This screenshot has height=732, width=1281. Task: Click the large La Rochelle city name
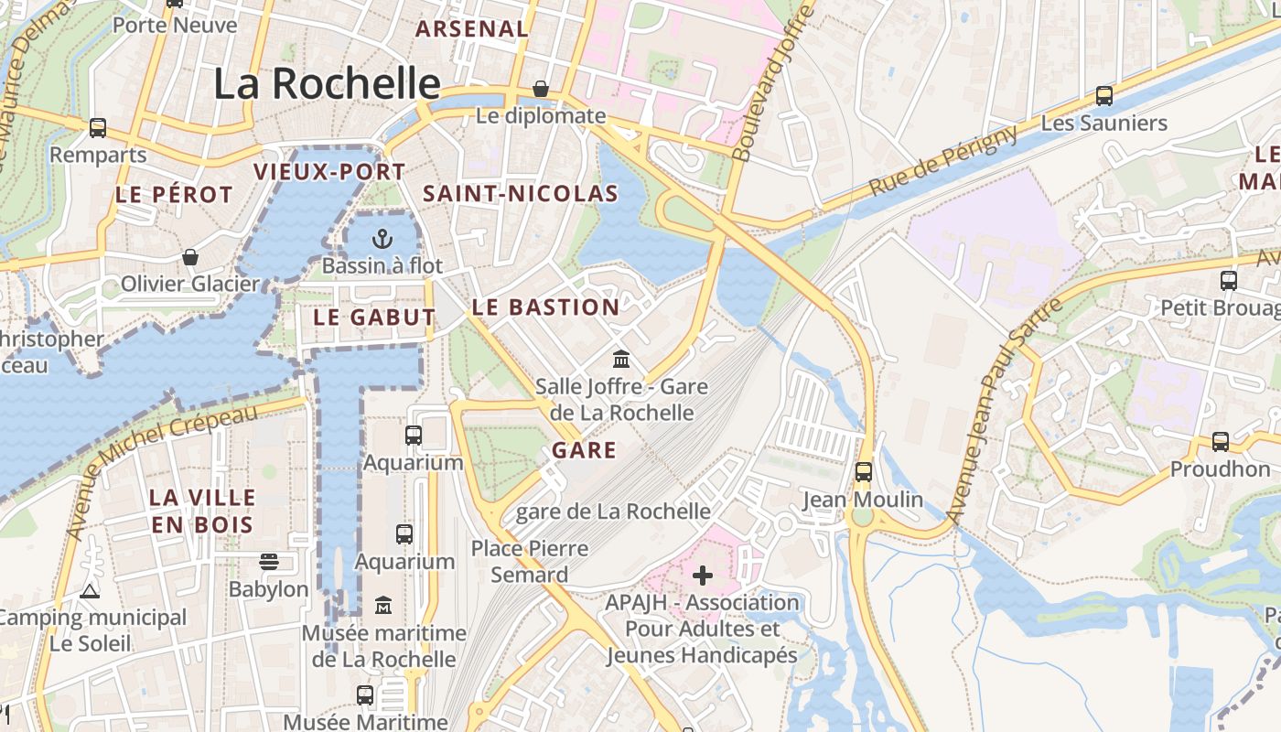coord(327,83)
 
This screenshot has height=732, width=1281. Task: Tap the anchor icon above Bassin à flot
coord(382,240)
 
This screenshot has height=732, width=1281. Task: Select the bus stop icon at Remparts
coord(98,128)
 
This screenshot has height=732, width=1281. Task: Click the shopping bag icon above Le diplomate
coord(541,89)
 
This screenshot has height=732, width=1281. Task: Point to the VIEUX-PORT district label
coord(329,172)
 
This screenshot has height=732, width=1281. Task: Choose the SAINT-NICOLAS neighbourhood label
coord(521,194)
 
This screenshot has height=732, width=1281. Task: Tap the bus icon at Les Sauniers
coord(1104,96)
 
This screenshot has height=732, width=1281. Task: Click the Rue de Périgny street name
coord(942,162)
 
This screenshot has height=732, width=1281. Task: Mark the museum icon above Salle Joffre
coord(621,358)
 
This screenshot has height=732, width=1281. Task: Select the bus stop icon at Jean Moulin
coord(863,472)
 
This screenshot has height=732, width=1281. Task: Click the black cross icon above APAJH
coord(702,576)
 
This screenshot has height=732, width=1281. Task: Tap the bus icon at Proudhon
coord(1220,442)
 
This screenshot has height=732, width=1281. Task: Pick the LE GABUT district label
coord(374,318)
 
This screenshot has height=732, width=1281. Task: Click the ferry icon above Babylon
coord(269,561)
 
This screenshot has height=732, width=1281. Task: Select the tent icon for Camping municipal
coord(89,591)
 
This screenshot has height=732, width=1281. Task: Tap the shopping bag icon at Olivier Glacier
coord(190,257)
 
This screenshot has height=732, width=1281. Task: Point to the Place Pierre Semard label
coord(530,561)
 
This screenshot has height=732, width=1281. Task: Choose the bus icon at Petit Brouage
coord(1229,281)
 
